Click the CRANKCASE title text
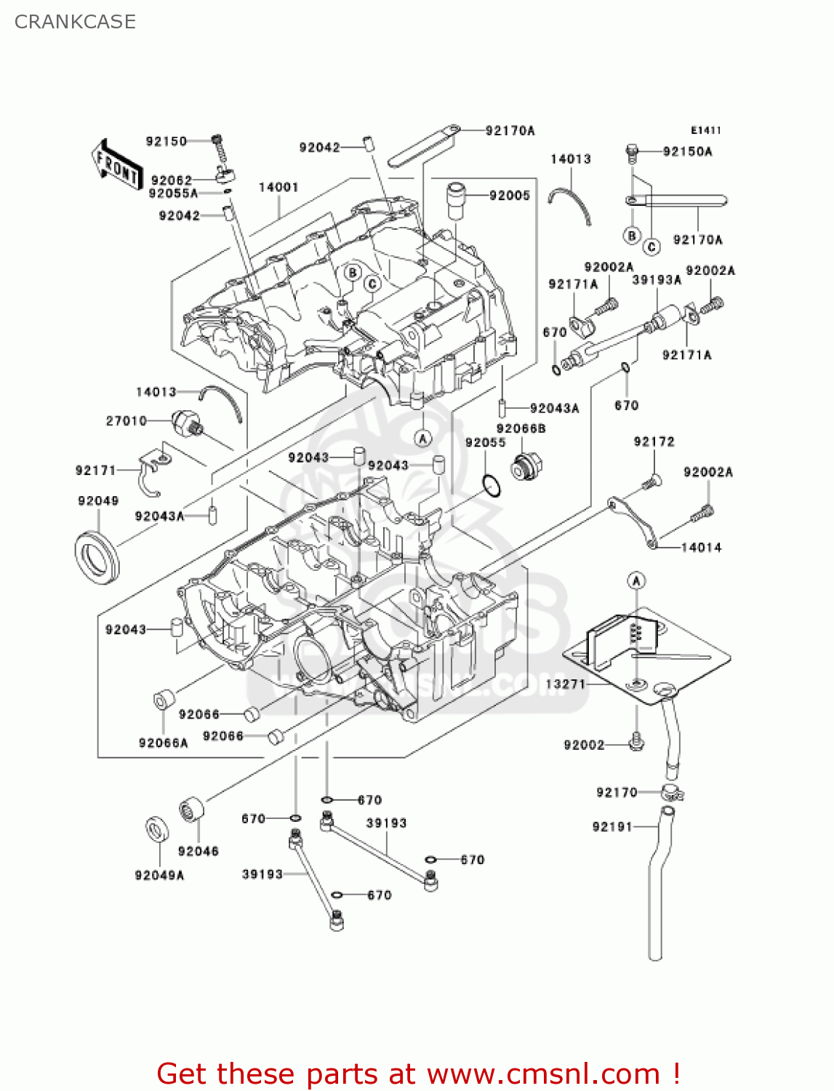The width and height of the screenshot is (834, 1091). [x=75, y=22]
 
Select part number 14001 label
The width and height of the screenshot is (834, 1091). [x=278, y=187]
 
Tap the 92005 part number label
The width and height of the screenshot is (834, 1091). [x=509, y=195]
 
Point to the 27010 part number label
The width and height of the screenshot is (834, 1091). [x=127, y=420]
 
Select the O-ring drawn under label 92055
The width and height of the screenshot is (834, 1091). [x=491, y=485]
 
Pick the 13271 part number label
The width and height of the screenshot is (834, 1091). [x=565, y=684]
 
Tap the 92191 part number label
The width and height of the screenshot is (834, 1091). [x=612, y=826]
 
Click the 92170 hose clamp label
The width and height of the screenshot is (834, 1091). [x=617, y=792]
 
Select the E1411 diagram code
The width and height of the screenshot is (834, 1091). [x=705, y=130]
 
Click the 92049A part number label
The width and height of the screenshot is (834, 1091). [x=159, y=875]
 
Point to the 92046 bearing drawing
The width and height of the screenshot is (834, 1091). [x=191, y=810]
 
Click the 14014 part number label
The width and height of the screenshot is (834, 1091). [x=701, y=547]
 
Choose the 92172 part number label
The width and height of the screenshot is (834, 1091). [x=654, y=441]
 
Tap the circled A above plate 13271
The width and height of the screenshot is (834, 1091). [x=636, y=580]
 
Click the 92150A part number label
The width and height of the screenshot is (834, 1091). [x=687, y=151]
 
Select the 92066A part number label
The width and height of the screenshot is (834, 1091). [x=163, y=743]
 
